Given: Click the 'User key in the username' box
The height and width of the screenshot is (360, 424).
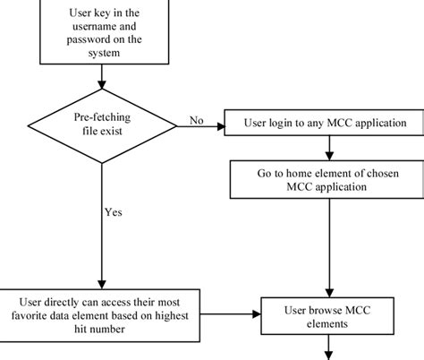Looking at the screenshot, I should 104,27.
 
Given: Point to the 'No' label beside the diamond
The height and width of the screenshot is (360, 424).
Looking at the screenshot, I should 195,117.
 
